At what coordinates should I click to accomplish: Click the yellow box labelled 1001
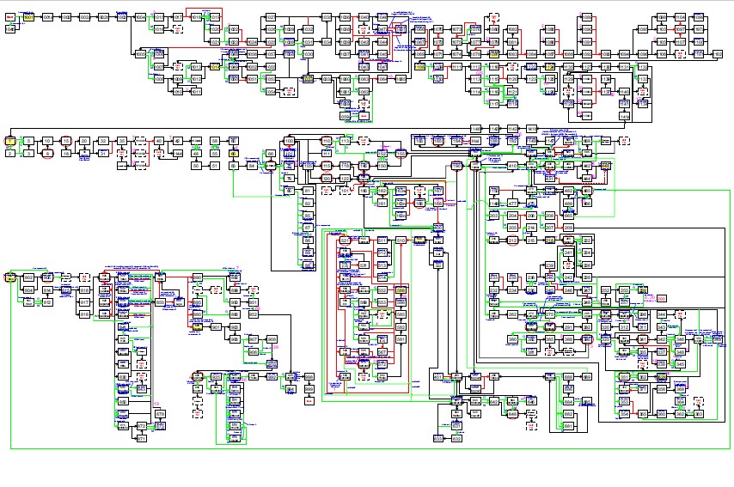(x=28, y=17)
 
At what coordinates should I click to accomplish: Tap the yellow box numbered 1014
(x=215, y=66)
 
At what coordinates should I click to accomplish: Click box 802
(x=28, y=277)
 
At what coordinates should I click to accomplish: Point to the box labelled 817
(x=84, y=302)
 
